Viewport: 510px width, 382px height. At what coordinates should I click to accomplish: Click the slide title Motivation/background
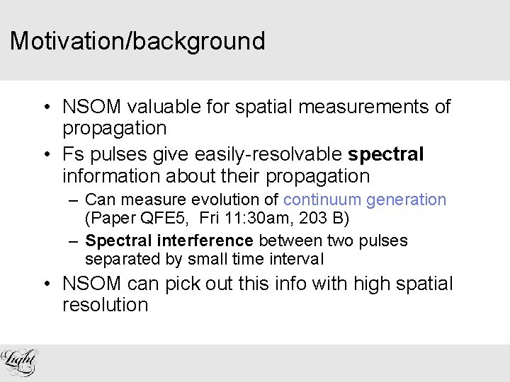tap(137, 41)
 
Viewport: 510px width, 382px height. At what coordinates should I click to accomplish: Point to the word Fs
tap(74, 154)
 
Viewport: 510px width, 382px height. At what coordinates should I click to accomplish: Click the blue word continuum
tap(322, 200)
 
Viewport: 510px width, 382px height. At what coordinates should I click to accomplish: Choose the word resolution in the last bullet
tap(106, 306)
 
